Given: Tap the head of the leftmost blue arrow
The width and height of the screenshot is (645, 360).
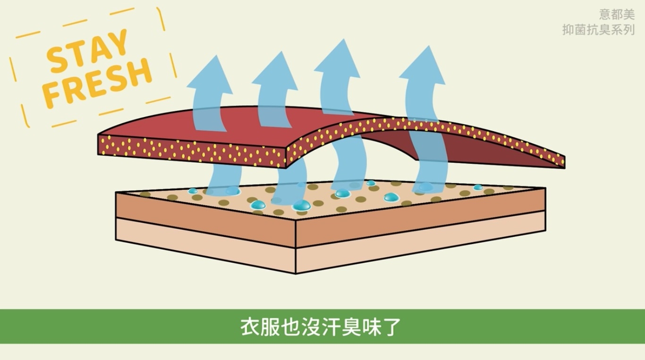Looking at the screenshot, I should (208, 75).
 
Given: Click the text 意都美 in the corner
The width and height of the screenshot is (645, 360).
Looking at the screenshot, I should (617, 15).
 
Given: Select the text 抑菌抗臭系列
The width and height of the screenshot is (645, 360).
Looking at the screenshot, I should (598, 30).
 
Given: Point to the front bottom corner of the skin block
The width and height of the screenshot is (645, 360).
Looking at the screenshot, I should (296, 273).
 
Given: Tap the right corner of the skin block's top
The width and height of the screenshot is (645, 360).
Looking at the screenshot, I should (545, 189).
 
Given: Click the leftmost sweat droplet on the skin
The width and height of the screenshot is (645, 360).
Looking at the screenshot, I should (193, 191).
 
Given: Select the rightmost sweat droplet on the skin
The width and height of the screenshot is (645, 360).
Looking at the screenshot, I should (478, 187).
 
